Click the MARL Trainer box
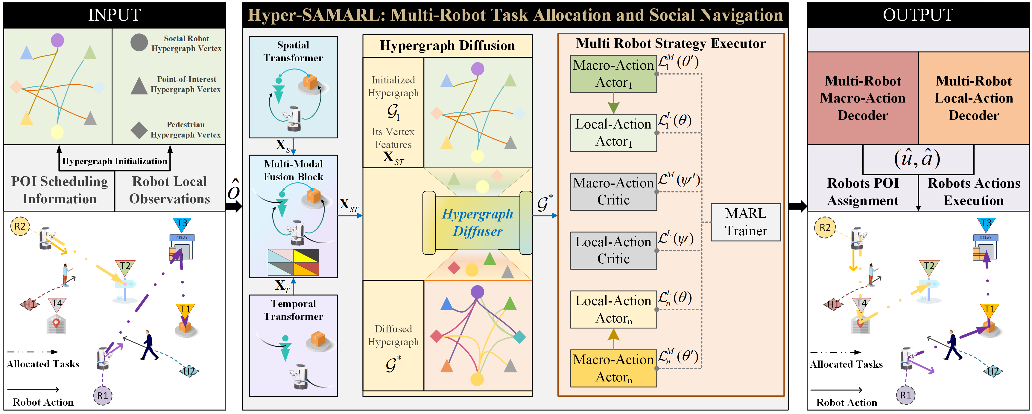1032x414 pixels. (x=746, y=222)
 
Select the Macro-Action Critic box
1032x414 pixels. (x=613, y=191)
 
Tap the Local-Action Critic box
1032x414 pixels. (x=613, y=250)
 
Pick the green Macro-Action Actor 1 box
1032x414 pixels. (x=613, y=74)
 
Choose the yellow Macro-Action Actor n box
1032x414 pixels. (x=613, y=368)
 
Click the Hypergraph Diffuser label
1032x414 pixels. (x=477, y=223)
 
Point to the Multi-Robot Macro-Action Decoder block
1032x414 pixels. (x=863, y=98)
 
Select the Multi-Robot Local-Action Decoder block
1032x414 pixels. (x=974, y=98)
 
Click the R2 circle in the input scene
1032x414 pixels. (x=20, y=227)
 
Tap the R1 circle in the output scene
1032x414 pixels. (x=905, y=395)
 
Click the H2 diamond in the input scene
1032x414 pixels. (x=189, y=371)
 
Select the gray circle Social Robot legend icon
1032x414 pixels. (x=139, y=42)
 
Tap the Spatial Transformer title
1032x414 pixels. (x=293, y=51)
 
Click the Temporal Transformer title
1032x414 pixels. (x=293, y=310)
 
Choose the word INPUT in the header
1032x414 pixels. (x=114, y=15)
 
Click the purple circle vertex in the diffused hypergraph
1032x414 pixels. (x=477, y=291)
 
